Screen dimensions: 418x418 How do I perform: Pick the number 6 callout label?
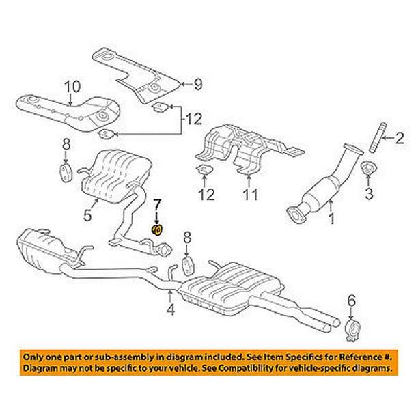click(352, 298)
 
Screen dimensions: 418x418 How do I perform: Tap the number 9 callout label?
click(197, 85)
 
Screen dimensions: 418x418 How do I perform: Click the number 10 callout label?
click(72, 87)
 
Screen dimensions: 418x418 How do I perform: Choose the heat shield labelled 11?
click(239, 147)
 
